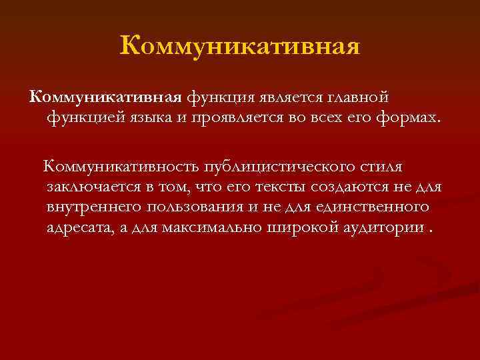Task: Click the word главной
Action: pos(357,98)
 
